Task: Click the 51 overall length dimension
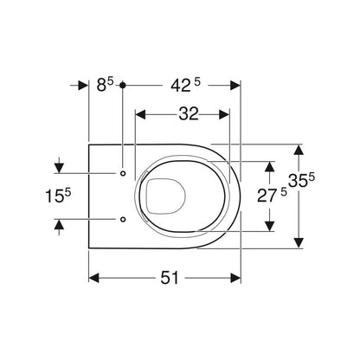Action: pyautogui.click(x=170, y=278)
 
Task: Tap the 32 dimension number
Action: pyautogui.click(x=189, y=114)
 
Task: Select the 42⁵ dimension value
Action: pyautogui.click(x=185, y=86)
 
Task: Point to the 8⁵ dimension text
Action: pyautogui.click(x=105, y=85)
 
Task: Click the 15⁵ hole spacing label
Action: pyautogui.click(x=58, y=196)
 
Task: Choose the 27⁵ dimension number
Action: pyautogui.click(x=272, y=196)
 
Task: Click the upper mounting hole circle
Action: pyautogui.click(x=123, y=173)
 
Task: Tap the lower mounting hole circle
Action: pyautogui.click(x=123, y=220)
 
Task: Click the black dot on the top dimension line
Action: pyautogui.click(x=123, y=86)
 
